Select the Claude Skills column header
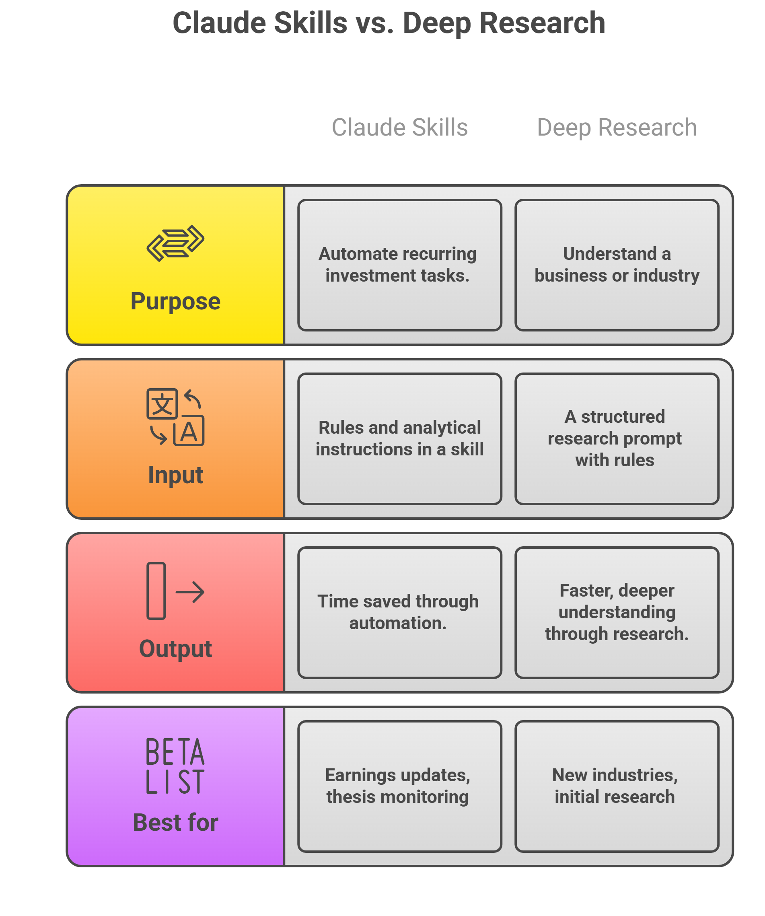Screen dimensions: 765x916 [399, 128]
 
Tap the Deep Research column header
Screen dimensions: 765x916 [617, 128]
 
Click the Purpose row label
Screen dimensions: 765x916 [175, 301]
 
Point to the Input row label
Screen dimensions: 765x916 [175, 475]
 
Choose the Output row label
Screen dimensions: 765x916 [175, 648]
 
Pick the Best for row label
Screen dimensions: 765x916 [175, 823]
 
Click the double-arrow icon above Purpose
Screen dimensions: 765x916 [175, 243]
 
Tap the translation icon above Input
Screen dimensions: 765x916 [175, 417]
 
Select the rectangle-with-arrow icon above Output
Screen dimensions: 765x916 [175, 591]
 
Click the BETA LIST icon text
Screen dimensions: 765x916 [175, 766]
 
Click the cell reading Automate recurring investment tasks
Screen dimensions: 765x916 [399, 265]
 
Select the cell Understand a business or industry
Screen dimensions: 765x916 [617, 265]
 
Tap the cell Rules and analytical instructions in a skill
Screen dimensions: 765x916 [399, 438]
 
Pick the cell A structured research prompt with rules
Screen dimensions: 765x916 [617, 438]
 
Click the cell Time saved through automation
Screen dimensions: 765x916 [399, 612]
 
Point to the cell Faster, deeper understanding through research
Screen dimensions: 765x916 [617, 612]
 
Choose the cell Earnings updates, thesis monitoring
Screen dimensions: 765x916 [399, 786]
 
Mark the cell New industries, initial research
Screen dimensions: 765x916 [617, 786]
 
